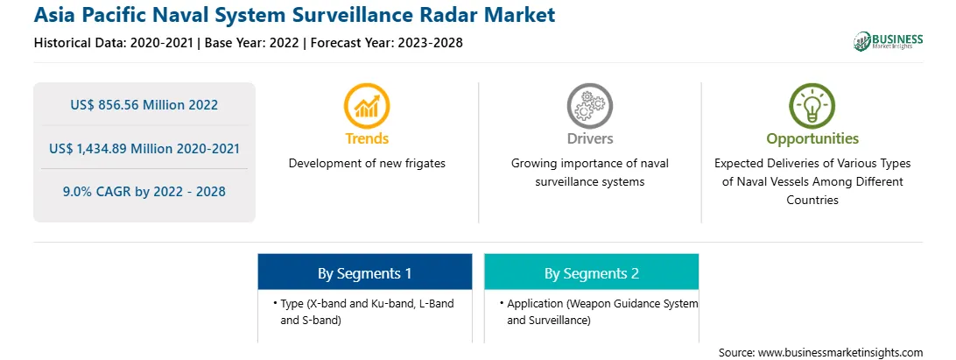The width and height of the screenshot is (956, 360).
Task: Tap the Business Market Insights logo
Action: coord(889,41)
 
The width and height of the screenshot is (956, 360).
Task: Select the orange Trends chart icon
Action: coord(367,106)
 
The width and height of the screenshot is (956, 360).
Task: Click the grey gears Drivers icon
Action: coord(589,106)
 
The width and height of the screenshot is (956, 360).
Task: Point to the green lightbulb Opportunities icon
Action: coord(812,106)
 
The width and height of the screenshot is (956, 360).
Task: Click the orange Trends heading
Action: coord(367,138)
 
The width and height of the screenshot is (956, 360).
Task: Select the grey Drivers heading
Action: coord(589,138)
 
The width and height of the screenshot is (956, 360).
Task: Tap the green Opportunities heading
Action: coord(812,139)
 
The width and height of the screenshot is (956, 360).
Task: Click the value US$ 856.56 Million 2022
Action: coord(144,104)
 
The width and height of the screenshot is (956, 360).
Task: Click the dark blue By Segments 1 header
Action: coord(364,272)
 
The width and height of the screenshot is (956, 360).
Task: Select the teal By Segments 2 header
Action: coord(592,272)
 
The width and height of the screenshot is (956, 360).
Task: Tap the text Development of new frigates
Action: coord(367,164)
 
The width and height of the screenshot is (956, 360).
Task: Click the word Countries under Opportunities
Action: coord(812,200)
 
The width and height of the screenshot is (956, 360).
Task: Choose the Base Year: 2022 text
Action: coord(252,43)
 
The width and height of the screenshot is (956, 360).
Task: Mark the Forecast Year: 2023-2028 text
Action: coord(386,43)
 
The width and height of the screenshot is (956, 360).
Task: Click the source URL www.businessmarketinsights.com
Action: coord(840,352)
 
